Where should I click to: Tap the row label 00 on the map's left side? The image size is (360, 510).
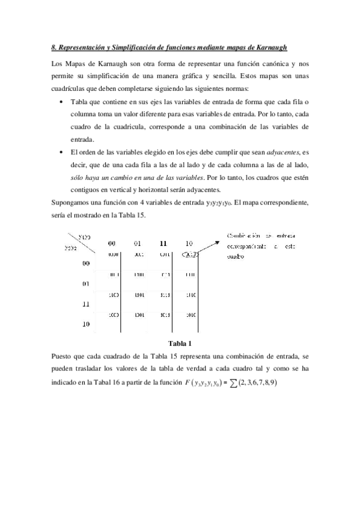(86, 263)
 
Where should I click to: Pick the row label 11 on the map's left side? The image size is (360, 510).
(86, 304)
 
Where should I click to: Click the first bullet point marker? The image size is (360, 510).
(63, 102)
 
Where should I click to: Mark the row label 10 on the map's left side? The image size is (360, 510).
(86, 324)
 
